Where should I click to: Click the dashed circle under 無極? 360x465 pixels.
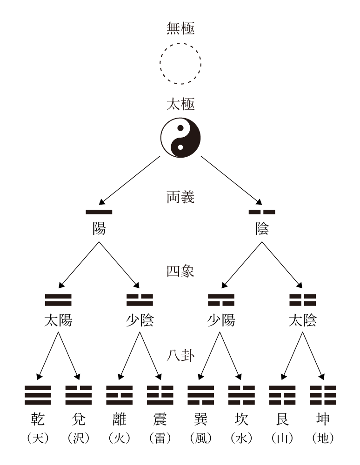click(x=180, y=64)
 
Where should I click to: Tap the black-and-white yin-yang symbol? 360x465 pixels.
click(x=180, y=137)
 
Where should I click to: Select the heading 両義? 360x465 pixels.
click(x=180, y=197)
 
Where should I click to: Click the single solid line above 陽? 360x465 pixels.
click(x=99, y=212)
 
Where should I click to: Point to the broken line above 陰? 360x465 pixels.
click(x=262, y=212)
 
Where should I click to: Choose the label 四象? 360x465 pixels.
click(x=180, y=271)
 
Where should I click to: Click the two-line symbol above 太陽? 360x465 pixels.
click(x=58, y=300)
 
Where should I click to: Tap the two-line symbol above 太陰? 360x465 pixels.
click(x=302, y=300)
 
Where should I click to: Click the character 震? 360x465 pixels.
click(x=160, y=419)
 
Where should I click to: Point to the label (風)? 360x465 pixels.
click(x=200, y=438)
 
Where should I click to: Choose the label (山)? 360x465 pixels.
click(x=282, y=438)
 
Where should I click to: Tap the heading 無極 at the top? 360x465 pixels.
click(x=180, y=29)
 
